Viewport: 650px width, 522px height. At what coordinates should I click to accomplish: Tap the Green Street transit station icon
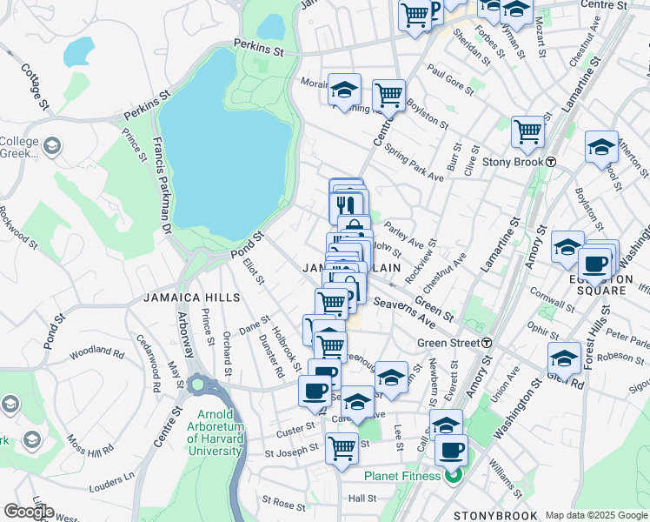(487, 343)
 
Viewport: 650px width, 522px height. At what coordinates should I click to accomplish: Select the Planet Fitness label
(403, 476)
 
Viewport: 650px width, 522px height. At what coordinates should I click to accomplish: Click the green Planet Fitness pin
(452, 475)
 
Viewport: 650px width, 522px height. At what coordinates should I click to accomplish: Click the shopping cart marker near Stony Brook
(527, 133)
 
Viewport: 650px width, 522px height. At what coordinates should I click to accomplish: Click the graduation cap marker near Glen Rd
(564, 358)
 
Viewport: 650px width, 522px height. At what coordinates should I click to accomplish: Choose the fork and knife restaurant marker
(346, 205)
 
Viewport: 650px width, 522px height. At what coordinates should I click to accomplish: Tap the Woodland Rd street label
(97, 351)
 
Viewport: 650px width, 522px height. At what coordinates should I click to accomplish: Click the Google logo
(29, 512)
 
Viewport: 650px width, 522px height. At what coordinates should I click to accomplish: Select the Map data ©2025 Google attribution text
(596, 516)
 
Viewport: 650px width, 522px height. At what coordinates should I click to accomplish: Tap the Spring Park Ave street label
(415, 164)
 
